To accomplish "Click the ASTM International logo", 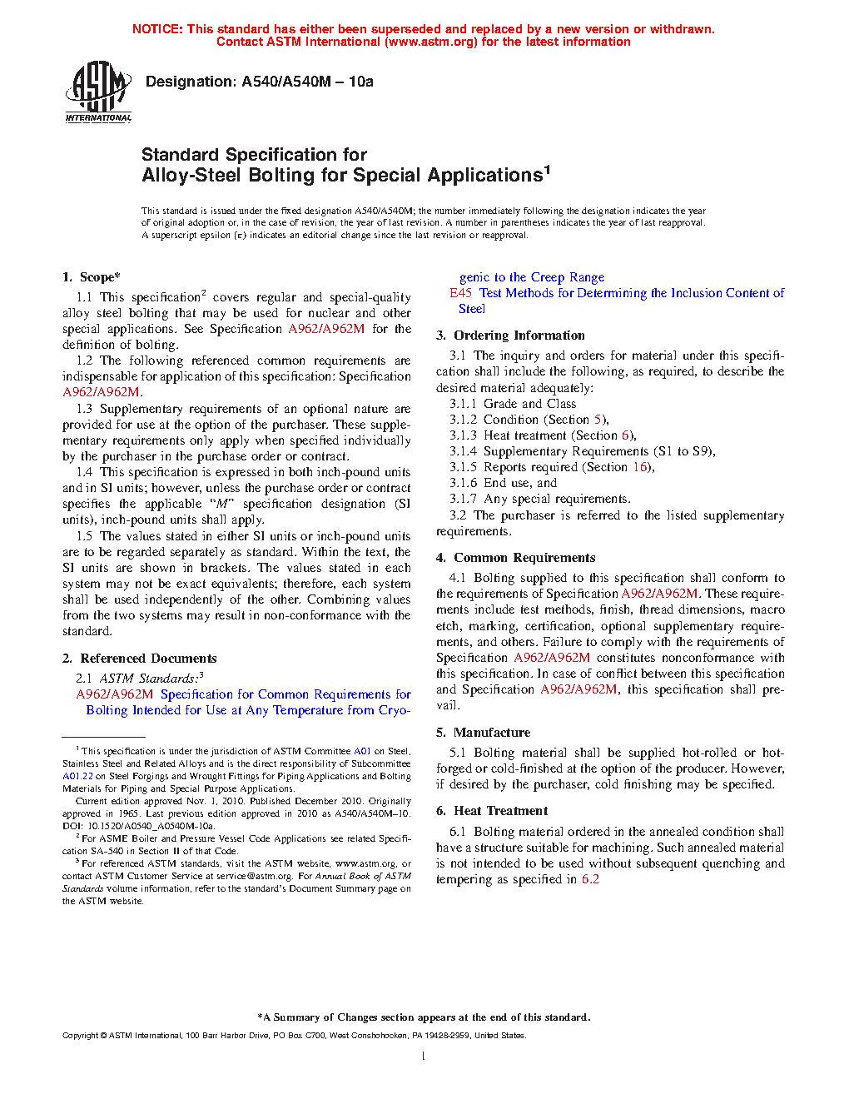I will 98,92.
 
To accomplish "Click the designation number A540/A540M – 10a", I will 307,82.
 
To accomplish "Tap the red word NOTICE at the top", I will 156,29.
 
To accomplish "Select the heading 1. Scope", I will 92,277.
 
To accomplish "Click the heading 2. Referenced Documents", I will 140,659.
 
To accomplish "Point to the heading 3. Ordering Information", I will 510,336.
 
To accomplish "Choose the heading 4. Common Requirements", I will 516,558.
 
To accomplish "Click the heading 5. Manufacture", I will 484,733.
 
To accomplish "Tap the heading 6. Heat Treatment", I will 492,811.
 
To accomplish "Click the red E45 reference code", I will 461,293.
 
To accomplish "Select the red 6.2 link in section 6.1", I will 590,879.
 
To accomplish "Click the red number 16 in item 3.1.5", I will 640,467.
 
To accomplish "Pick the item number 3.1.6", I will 463,483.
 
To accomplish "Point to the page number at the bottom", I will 424,1057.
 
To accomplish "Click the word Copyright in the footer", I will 80,1036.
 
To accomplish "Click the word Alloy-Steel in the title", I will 185,176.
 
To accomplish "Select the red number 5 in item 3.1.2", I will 598,420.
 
